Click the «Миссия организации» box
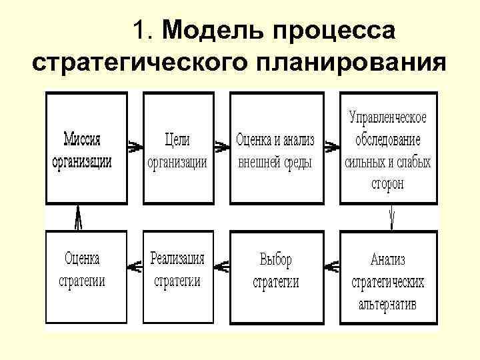pyautogui.click(x=85, y=148)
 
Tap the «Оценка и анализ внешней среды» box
pyautogui.click(x=274, y=148)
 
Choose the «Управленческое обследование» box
pyautogui.click(x=388, y=148)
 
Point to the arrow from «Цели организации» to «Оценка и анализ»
pyautogui.click(x=221, y=144)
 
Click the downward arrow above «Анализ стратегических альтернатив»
pyautogui.click(x=393, y=217)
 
